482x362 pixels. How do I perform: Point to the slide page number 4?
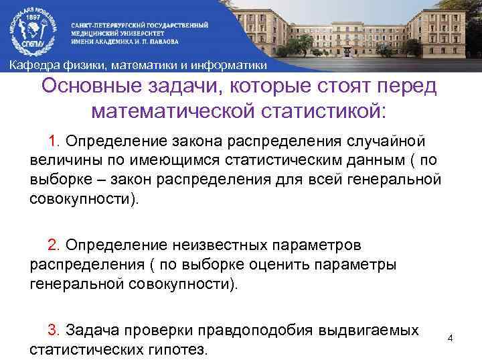(450, 338)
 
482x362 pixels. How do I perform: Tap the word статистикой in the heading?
(329, 111)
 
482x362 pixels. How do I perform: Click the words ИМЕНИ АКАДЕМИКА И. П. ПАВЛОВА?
(125, 40)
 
